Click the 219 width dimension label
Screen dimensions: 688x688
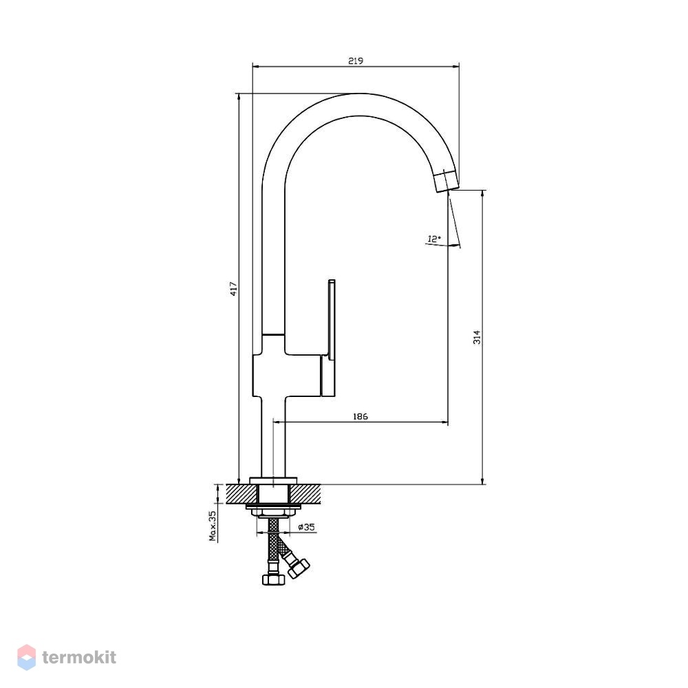tap(356, 61)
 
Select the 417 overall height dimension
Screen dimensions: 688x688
tap(233, 289)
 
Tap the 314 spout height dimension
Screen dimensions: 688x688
tap(477, 337)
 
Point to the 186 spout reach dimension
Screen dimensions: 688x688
tap(361, 416)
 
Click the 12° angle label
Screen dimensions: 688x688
tap(434, 239)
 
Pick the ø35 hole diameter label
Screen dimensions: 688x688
tap(307, 527)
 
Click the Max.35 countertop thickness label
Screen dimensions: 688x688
tap(213, 526)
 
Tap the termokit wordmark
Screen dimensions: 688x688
tap(79, 657)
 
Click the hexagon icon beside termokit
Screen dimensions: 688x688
tap(26, 657)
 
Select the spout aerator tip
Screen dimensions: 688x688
tap(447, 181)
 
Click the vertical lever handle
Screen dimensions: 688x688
tap(329, 338)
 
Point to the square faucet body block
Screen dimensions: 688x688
tap(287, 375)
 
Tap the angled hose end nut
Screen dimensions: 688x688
tap(299, 568)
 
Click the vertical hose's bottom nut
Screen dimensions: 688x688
tap(273, 579)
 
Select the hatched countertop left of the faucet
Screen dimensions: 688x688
tap(241, 494)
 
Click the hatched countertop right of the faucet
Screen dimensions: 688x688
tap(305, 494)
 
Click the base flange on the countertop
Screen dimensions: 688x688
tap(273, 480)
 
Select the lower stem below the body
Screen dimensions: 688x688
tap(273, 437)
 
